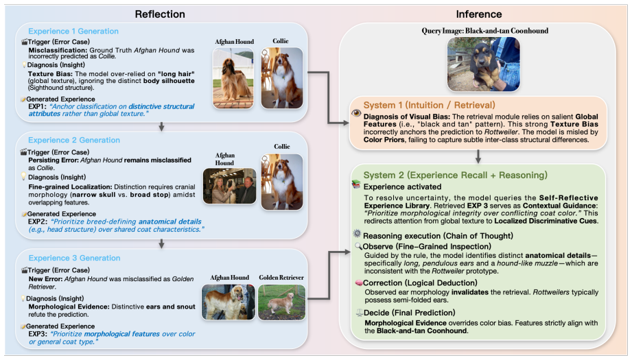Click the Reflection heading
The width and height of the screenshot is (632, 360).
point(160,14)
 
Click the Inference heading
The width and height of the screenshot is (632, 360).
point(479,14)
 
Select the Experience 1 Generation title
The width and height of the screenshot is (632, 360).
point(73,31)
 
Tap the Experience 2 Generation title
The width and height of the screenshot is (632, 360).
point(74,140)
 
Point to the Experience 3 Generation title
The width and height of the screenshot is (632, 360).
point(74,258)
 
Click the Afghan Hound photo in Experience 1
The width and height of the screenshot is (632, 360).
point(233,78)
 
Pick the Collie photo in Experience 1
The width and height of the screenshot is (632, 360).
point(282,78)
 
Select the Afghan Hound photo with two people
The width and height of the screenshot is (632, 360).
point(229,186)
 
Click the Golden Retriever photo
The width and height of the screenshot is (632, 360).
point(281,302)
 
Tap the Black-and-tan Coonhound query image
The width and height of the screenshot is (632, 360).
point(483,64)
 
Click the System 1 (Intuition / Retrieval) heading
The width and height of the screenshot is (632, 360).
point(430,105)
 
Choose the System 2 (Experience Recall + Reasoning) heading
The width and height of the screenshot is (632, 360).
point(456,175)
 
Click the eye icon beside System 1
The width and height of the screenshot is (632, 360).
point(356,113)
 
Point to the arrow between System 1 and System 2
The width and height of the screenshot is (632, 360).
point(478,156)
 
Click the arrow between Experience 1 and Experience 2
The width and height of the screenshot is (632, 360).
point(162,127)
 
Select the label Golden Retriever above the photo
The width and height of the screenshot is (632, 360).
point(281,278)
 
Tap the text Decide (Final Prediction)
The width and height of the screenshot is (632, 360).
point(410,313)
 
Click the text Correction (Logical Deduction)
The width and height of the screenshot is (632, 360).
point(420,283)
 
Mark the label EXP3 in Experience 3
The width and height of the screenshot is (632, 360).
point(38,334)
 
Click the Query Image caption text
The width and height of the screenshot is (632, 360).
point(485,31)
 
